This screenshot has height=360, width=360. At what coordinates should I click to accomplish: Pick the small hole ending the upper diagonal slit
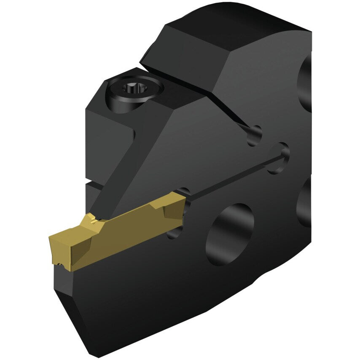pyautogui.click(x=254, y=136)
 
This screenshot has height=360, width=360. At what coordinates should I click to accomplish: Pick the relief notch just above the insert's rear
pyautogui.click(x=183, y=192)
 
